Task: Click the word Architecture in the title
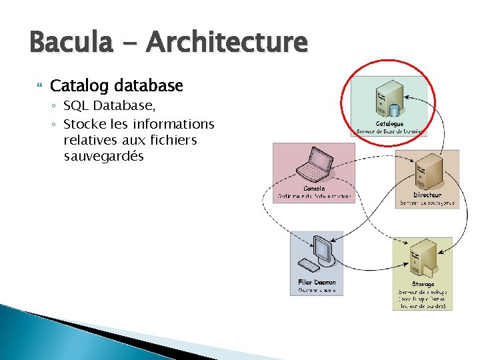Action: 227,43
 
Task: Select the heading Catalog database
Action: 116,86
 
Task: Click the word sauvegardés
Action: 103,157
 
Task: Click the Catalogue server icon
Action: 389,99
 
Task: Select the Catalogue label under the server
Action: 389,124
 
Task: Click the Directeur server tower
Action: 427,172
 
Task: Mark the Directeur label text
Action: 427,195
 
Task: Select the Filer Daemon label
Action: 317,283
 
